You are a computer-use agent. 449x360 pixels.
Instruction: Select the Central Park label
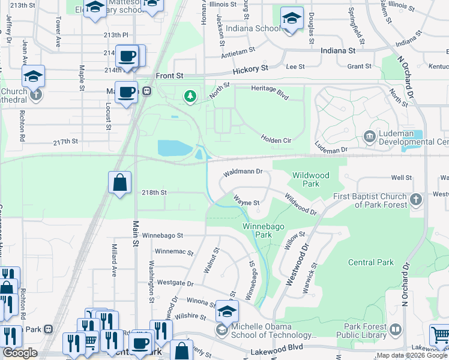coord(371,262)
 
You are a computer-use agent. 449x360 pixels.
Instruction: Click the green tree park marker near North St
coord(190,96)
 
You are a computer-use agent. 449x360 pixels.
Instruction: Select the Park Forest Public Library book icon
coord(396,329)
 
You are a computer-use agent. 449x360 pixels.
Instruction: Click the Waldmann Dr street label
coord(243,172)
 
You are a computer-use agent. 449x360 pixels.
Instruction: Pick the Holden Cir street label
coord(276,139)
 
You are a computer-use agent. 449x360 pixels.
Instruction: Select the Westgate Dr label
coord(174,283)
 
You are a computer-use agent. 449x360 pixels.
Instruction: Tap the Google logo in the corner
coord(20,353)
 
